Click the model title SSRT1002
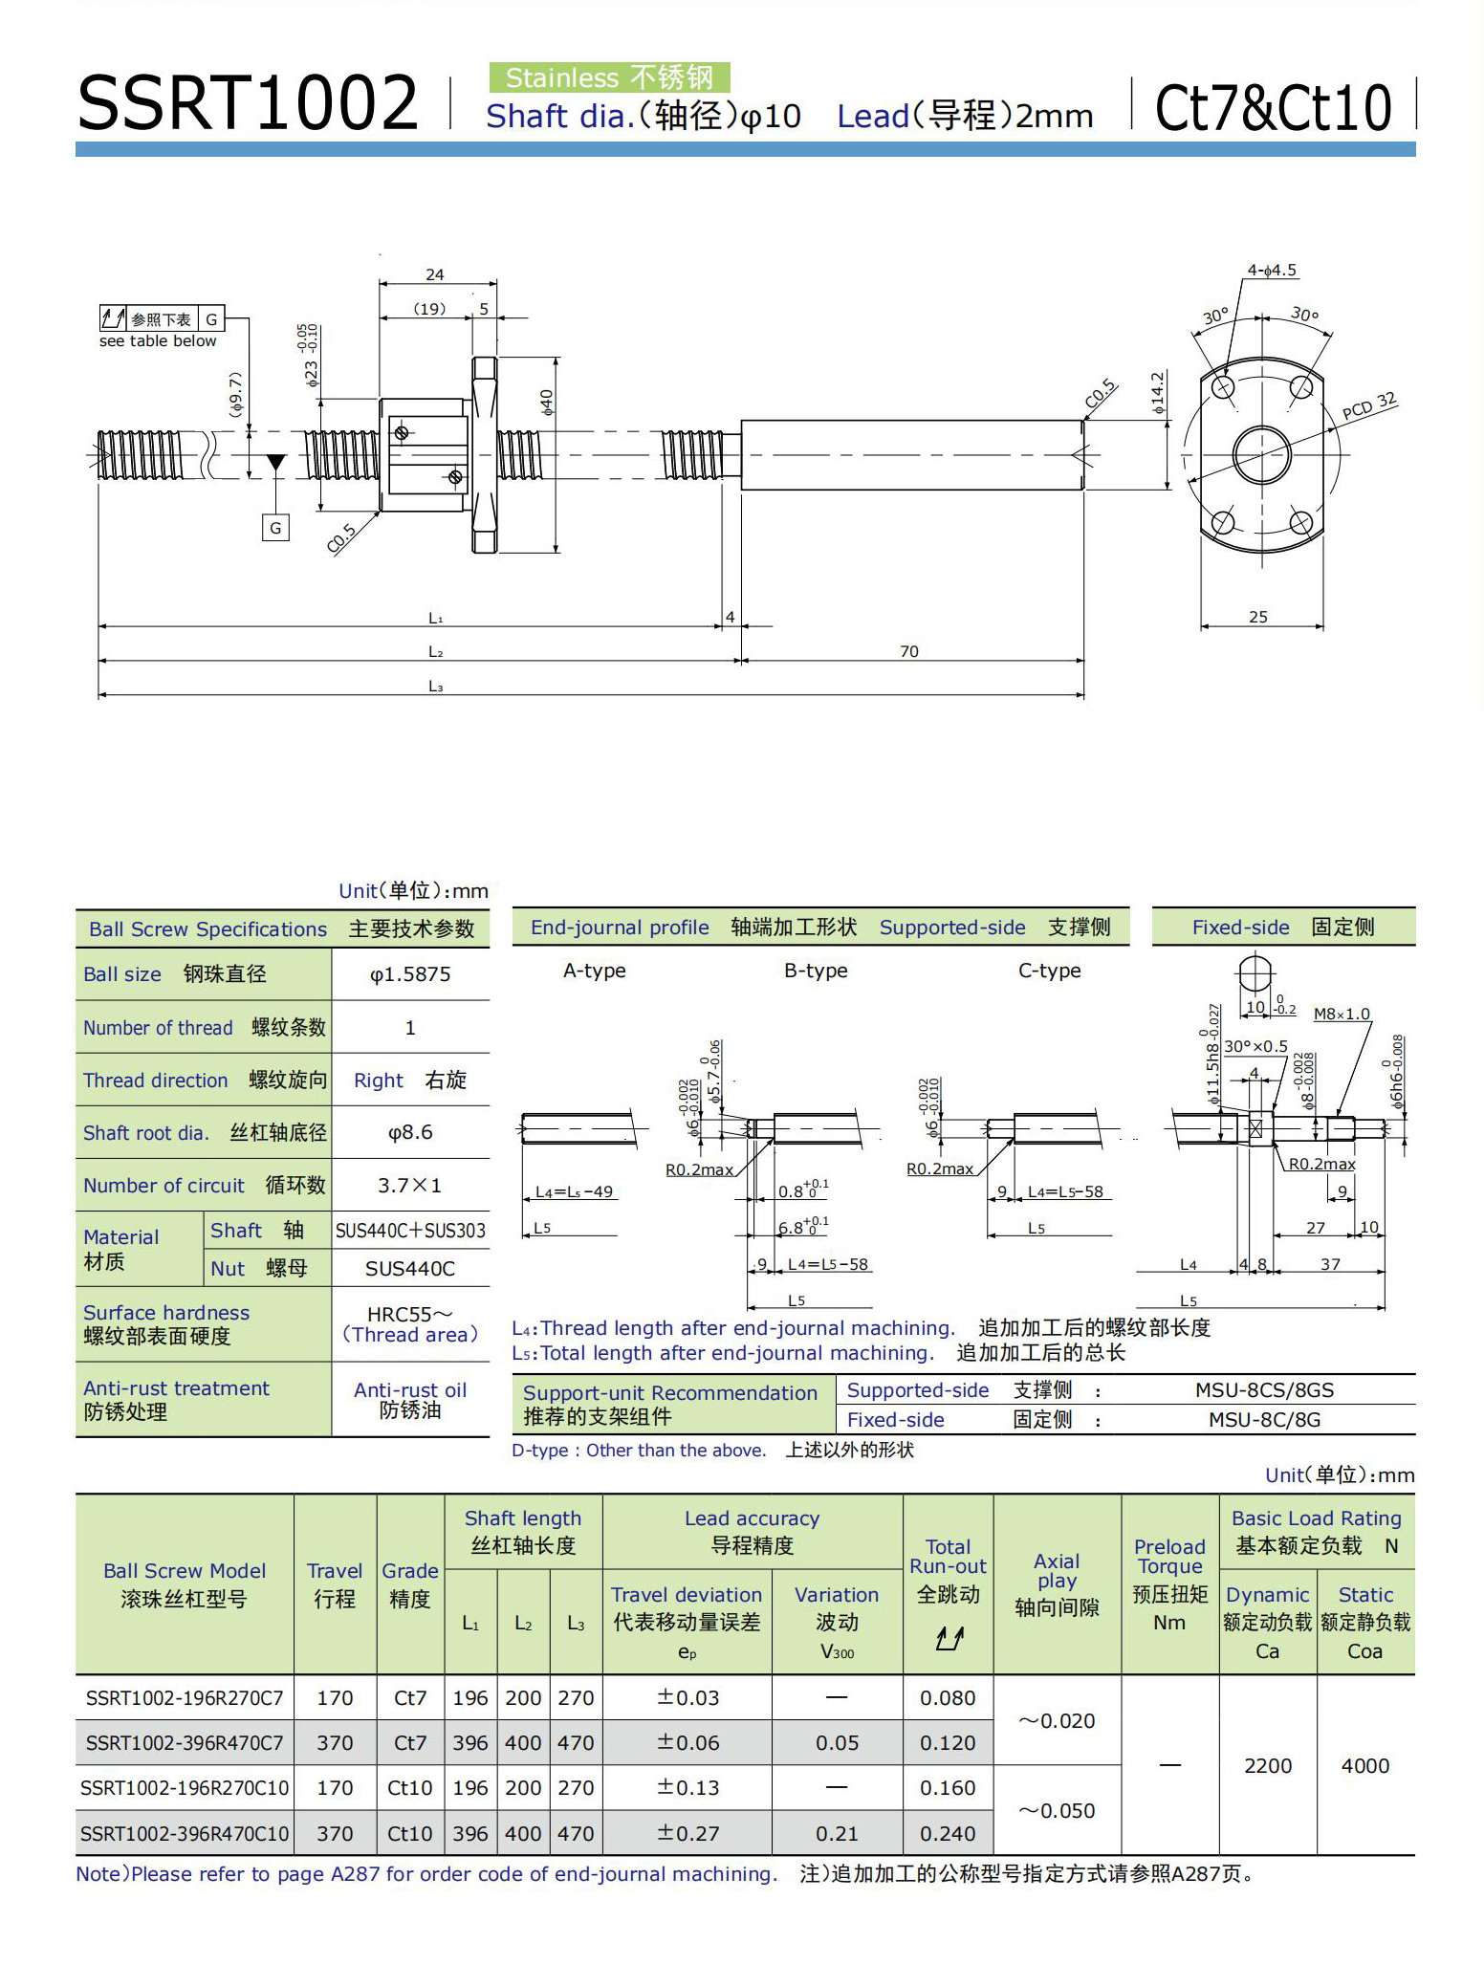[248, 102]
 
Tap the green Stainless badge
[609, 77]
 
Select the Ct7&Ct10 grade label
[1273, 107]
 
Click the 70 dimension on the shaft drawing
[908, 651]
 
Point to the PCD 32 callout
[1368, 405]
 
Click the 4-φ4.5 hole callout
[1271, 271]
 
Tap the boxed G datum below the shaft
[275, 528]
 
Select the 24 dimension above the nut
[435, 274]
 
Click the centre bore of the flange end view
[1262, 454]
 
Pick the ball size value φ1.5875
[410, 974]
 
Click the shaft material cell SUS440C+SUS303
[410, 1231]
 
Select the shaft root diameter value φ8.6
[410, 1132]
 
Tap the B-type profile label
[816, 971]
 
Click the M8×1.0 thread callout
[1342, 1014]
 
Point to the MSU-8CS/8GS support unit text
[1264, 1389]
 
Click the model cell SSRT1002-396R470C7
[185, 1743]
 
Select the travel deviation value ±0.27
[687, 1833]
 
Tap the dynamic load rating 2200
[1268, 1766]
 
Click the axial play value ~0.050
[1057, 1810]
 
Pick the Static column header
[1365, 1594]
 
